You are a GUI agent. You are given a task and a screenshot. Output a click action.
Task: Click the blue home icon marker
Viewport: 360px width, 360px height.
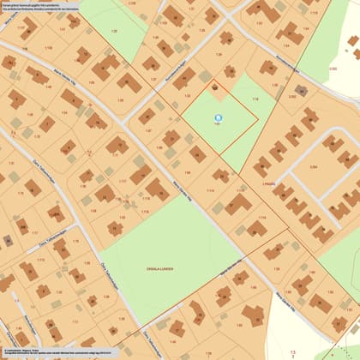point(218,117)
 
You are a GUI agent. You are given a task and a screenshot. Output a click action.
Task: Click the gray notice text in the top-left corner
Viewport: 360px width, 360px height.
point(51,9)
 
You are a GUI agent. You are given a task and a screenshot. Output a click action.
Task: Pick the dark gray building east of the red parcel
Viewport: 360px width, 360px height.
point(301,89)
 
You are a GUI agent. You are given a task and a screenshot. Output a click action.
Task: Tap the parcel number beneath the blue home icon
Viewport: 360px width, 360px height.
point(217,125)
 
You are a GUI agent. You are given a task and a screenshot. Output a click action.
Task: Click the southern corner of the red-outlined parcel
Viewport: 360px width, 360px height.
point(218,154)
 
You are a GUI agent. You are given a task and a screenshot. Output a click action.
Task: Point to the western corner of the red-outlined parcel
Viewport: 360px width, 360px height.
point(177,106)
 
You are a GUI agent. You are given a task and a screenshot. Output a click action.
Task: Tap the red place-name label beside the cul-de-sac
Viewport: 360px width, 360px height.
point(268,183)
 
